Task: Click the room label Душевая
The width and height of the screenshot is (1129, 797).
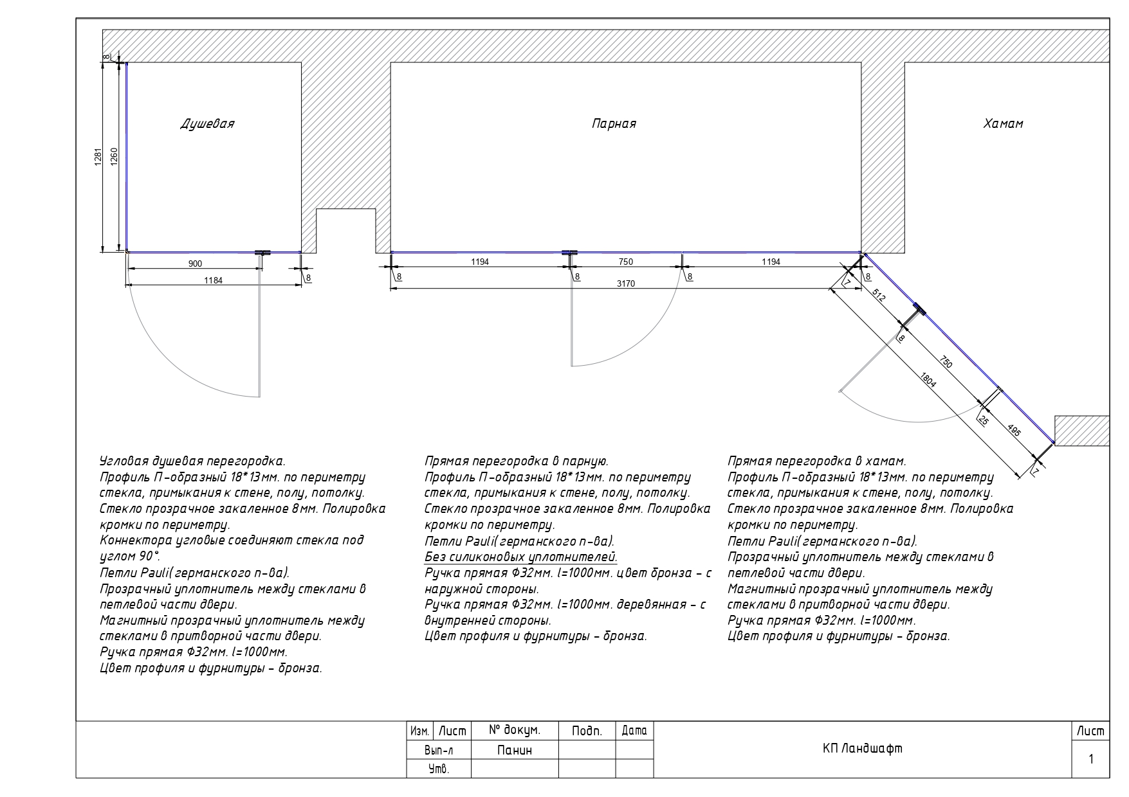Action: [x=207, y=124]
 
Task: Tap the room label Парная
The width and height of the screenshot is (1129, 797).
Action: [x=614, y=124]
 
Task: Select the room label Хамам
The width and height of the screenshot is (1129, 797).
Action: [x=1003, y=124]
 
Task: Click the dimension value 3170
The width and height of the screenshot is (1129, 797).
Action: [x=625, y=283]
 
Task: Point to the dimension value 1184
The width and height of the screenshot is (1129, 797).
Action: [x=213, y=280]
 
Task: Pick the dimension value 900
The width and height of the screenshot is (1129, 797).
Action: [x=194, y=264]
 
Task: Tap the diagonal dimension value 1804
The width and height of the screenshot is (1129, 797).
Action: [x=928, y=380]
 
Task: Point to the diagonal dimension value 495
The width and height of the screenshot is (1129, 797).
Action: [x=1014, y=431]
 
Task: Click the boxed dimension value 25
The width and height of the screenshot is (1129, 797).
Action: [x=984, y=420]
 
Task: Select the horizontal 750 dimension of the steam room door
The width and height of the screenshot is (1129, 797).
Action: [x=625, y=262]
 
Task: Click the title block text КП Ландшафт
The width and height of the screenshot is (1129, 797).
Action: [x=862, y=749]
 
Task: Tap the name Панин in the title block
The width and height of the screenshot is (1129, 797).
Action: [x=515, y=750]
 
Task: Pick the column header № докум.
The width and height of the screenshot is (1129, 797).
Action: [x=514, y=730]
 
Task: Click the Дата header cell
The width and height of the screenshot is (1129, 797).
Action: [x=634, y=731]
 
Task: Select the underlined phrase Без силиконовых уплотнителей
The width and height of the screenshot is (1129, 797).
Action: [x=521, y=557]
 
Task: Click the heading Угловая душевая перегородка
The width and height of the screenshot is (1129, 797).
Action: [x=192, y=461]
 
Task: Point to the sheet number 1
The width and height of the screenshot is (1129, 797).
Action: [x=1091, y=759]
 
